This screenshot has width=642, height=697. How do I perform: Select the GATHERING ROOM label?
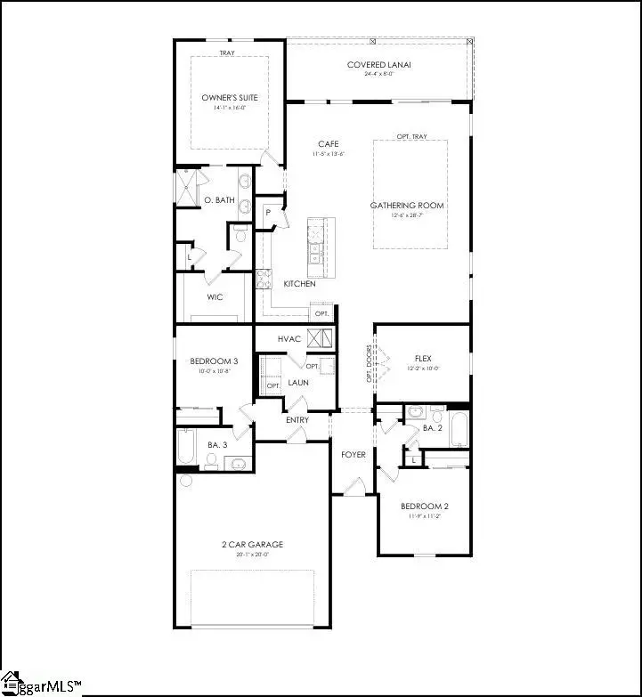pyautogui.click(x=406, y=206)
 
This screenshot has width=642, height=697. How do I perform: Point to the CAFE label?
pyautogui.click(x=329, y=144)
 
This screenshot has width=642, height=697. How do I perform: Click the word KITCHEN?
pyautogui.click(x=299, y=284)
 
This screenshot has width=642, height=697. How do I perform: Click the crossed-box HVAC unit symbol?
pyautogui.click(x=320, y=338)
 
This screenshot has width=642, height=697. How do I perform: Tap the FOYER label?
pyautogui.click(x=354, y=455)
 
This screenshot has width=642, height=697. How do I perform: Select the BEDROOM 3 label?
pyautogui.click(x=214, y=361)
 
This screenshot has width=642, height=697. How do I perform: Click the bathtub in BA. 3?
pyautogui.click(x=186, y=447)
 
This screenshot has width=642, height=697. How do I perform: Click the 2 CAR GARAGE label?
pyautogui.click(x=254, y=544)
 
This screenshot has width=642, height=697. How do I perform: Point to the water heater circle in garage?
pyautogui.click(x=185, y=481)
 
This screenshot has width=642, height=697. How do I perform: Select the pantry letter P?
pyautogui.click(x=267, y=213)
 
